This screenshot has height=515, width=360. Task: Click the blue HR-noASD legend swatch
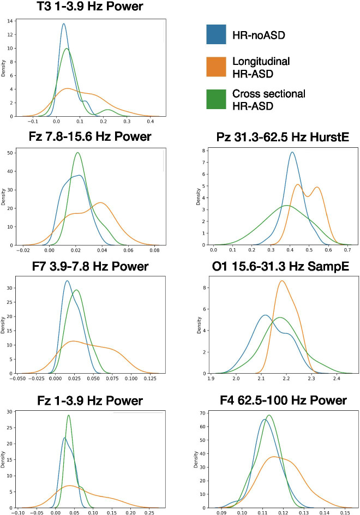point(216,34)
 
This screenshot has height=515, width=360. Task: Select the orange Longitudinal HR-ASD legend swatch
point(216,66)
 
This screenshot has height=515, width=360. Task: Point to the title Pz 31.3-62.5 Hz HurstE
point(274,137)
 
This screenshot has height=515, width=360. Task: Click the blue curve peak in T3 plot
point(64,23)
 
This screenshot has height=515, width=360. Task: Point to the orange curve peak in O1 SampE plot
point(281,281)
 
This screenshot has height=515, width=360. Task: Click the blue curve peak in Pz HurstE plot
point(292,152)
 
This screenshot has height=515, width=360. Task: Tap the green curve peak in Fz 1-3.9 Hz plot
point(69,415)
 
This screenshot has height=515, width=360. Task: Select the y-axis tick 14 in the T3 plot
point(11,21)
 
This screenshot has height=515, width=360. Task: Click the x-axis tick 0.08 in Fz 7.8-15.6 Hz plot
point(154,251)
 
